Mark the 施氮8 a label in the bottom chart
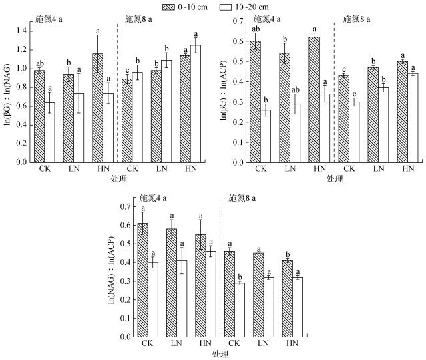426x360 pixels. pyautogui.click(x=241, y=198)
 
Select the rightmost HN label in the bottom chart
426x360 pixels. pyautogui.click(x=292, y=344)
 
